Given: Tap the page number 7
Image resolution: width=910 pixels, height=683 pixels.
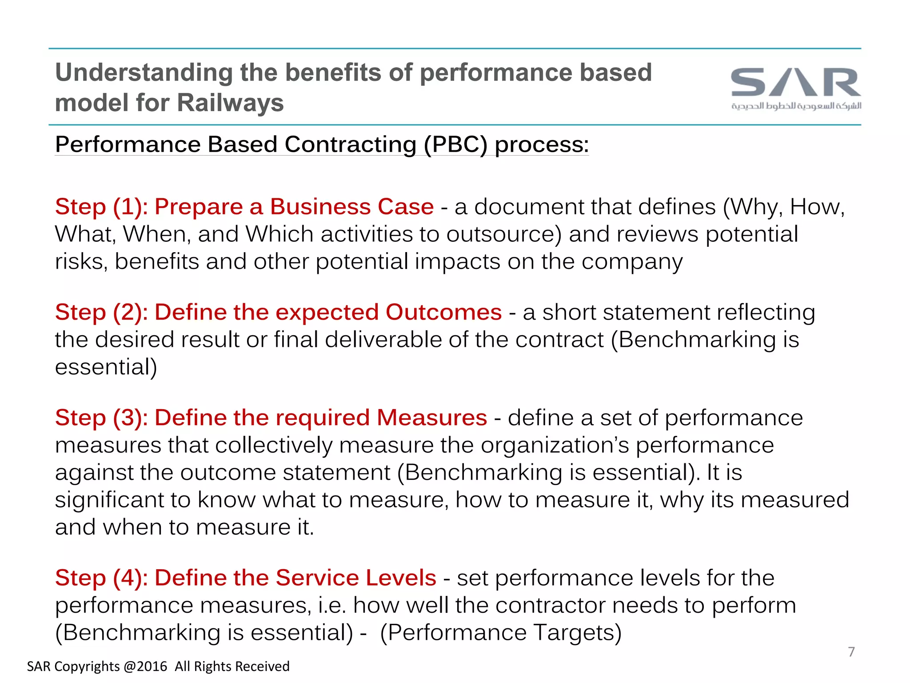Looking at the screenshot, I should click(851, 652).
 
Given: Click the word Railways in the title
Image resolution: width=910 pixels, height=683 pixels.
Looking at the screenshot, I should click(230, 103).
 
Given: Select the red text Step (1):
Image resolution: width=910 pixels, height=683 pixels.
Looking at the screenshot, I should click(101, 207).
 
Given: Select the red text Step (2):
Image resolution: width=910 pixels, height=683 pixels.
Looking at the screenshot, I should click(101, 312).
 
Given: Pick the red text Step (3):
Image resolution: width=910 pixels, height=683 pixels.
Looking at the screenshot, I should click(101, 418).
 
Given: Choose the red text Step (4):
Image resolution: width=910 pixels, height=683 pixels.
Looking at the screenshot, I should click(101, 578).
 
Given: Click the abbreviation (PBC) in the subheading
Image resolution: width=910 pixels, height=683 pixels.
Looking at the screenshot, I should click(455, 145).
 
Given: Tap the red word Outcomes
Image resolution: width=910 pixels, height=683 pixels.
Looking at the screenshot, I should click(443, 312).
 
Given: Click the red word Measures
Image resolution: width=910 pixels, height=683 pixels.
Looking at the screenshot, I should click(431, 418).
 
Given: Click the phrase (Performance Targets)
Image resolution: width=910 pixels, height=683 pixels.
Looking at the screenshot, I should click(501, 633).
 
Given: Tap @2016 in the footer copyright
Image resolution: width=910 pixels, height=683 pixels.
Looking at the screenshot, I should click(145, 667).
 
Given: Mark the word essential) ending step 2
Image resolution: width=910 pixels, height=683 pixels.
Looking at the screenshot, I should click(106, 367).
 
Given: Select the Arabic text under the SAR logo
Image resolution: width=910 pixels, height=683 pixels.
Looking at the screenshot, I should click(796, 106).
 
